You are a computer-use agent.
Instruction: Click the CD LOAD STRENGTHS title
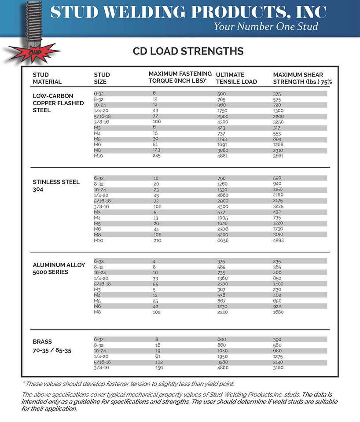(x=188, y=51)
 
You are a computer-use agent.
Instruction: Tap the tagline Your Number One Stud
(x=265, y=26)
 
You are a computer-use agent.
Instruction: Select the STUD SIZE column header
(x=102, y=78)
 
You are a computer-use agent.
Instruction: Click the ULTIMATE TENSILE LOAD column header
(x=236, y=78)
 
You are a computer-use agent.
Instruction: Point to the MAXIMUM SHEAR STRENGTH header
(x=302, y=78)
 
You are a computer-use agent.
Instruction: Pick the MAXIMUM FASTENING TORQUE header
(x=180, y=77)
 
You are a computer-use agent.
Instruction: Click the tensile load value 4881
(x=224, y=156)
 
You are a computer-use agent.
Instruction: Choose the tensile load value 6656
(x=224, y=240)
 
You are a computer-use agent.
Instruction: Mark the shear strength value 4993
(x=279, y=240)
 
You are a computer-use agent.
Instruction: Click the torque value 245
(x=158, y=156)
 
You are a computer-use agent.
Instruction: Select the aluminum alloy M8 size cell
(x=98, y=312)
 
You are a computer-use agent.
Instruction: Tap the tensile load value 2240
(x=224, y=312)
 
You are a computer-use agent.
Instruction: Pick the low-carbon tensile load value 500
(x=221, y=94)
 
